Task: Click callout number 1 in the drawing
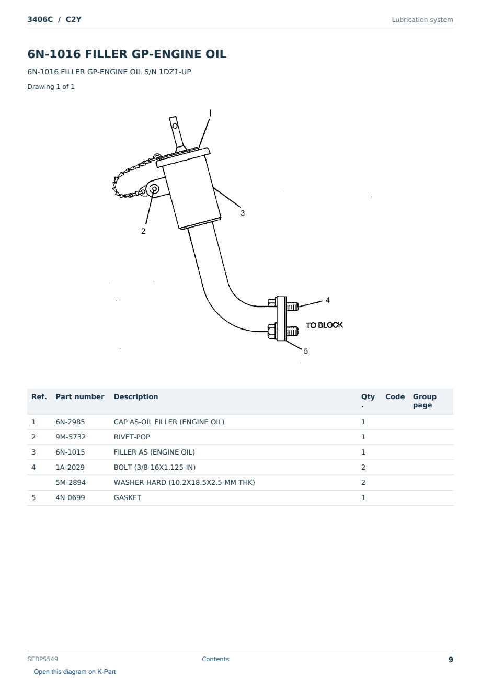pos(210,113)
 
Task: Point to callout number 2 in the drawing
pos(143,231)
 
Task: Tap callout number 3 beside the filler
pos(243,213)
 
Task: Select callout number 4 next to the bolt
pos(328,300)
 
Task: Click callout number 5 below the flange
pos(306,351)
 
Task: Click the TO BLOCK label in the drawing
pos(324,325)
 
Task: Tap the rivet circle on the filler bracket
pos(154,189)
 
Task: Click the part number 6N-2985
pos(70,422)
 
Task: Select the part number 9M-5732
pos(71,437)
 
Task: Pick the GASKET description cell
pos(128,497)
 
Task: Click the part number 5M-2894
pos(71,482)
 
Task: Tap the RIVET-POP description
pos(132,437)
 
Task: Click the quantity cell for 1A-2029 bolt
pos(363,467)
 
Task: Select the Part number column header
pos(80,397)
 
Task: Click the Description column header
pos(136,397)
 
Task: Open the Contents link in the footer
pos(215,659)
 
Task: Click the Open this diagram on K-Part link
pos(75,672)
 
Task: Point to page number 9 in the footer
pos(451,660)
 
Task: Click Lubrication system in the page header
pos(422,20)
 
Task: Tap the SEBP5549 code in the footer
pos(43,659)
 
